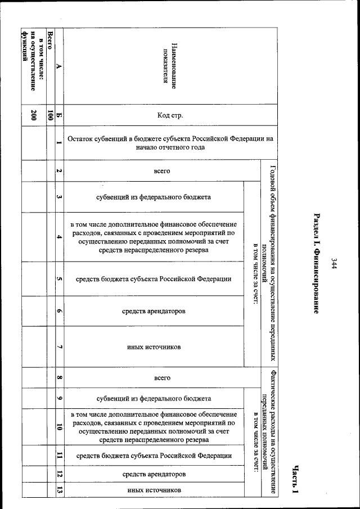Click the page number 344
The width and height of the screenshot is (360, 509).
pos(334,263)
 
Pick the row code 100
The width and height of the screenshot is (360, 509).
pos(51,116)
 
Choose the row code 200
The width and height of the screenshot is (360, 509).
pos(34,116)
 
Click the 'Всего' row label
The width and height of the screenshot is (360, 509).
pos(51,43)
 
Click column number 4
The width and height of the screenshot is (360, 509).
pos(59,237)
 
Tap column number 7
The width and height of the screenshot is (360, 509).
pos(59,347)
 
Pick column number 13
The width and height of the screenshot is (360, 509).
pos(59,490)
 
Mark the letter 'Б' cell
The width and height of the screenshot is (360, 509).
pos(59,116)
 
